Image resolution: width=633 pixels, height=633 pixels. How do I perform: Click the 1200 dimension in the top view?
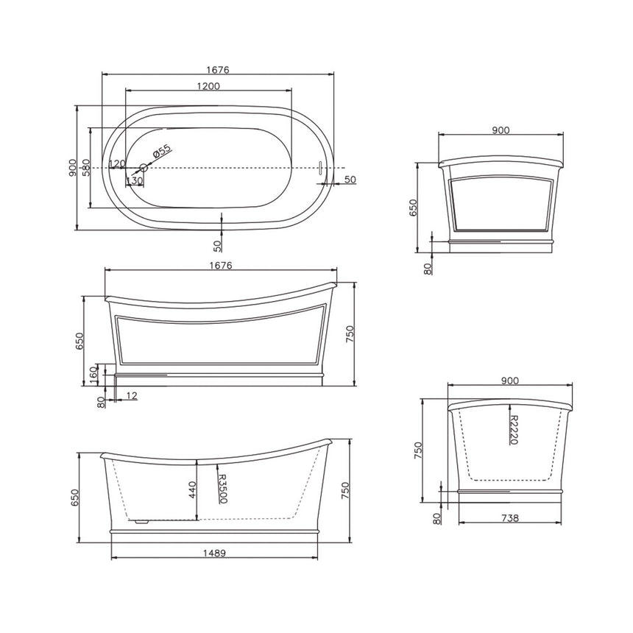tap(208, 86)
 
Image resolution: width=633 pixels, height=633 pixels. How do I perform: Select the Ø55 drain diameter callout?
tap(161, 152)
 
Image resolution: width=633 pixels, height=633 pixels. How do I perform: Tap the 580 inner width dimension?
tap(86, 169)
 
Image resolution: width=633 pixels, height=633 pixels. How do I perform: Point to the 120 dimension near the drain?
tap(116, 163)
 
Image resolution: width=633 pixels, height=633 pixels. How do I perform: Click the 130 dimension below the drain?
tap(134, 180)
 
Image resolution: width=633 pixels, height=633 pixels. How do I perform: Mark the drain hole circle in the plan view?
tap(144, 169)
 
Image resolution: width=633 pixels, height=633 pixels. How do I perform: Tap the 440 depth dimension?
tap(193, 489)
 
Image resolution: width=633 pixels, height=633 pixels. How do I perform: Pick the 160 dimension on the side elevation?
tap(93, 373)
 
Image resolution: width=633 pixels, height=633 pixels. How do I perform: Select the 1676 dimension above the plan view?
tap(218, 70)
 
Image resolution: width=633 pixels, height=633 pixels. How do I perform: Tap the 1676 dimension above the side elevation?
tap(220, 266)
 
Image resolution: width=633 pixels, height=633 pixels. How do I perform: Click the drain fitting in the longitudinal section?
tap(141, 520)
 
